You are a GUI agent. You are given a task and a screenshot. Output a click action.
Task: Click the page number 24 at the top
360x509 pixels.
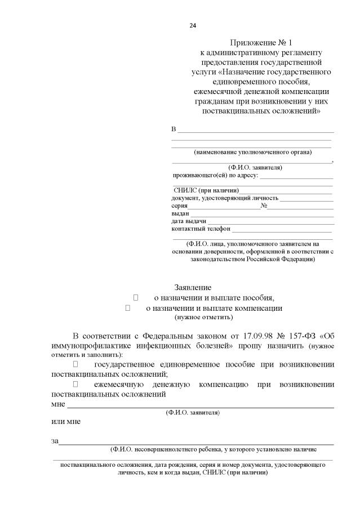(x=193, y=26)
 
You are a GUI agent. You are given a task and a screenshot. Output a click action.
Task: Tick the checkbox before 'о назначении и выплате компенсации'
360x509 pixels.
(x=127, y=308)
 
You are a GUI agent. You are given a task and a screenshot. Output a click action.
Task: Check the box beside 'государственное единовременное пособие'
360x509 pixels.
(x=75, y=364)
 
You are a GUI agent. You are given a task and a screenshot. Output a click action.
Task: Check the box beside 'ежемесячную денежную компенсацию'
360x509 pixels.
(x=75, y=384)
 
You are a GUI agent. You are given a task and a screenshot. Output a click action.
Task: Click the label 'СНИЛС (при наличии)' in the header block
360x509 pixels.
(x=206, y=190)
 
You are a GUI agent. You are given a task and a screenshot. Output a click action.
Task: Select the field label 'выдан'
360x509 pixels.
(x=180, y=214)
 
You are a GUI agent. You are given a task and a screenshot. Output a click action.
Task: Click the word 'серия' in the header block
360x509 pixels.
(x=180, y=206)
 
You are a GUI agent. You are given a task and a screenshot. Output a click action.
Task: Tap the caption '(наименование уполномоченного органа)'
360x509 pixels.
(x=252, y=152)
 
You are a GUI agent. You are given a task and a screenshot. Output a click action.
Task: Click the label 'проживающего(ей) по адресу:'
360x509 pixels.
(x=215, y=176)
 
